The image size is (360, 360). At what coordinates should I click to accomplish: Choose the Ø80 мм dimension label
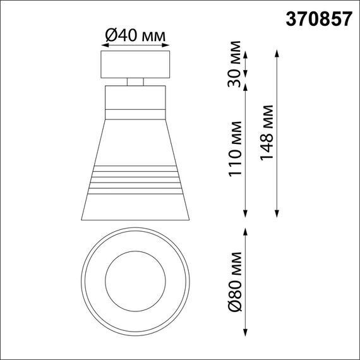236,280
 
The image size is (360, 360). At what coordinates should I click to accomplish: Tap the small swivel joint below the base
135,81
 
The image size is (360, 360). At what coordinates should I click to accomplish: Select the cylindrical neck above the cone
135,100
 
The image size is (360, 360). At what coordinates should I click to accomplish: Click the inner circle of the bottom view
135,279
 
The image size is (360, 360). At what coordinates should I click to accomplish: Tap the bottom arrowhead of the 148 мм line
276,218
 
